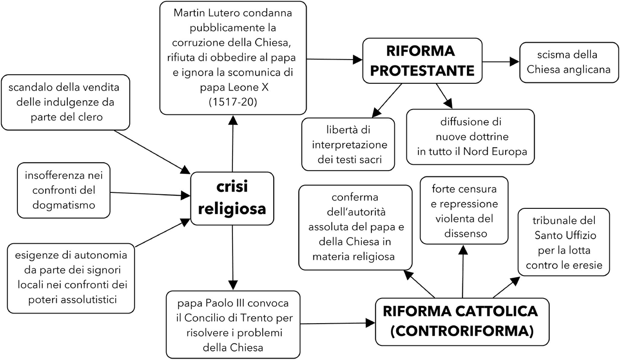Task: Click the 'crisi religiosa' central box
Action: click(232, 199)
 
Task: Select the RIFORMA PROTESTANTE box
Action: click(422, 60)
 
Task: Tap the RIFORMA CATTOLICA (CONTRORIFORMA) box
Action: click(463, 321)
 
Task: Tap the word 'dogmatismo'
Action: click(63, 205)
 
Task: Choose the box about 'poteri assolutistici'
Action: click(70, 278)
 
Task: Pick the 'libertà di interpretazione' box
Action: click(348, 144)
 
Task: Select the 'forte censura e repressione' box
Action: click(464, 210)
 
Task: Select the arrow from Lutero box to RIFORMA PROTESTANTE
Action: click(334, 59)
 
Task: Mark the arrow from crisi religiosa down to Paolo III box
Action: click(232, 257)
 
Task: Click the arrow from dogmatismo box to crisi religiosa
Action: click(150, 194)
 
